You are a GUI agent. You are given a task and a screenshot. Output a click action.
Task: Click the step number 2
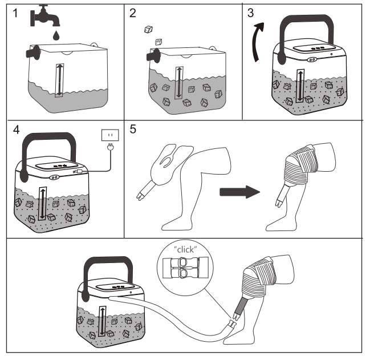[x=133, y=14]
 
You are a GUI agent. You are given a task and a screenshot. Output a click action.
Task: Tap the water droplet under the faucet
[x=55, y=35]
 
